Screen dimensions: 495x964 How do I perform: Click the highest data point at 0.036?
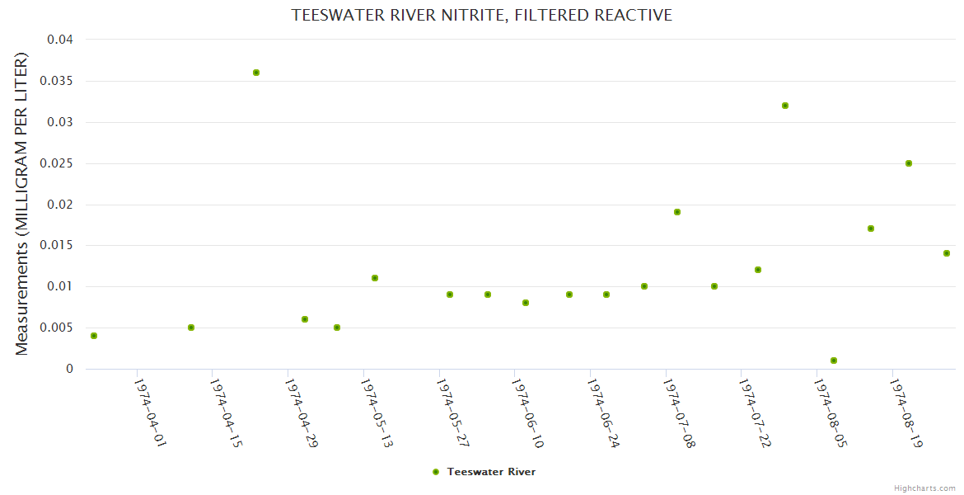[256, 73]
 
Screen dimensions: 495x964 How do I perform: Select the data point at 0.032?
[785, 106]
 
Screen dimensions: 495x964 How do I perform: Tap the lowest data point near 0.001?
[834, 361]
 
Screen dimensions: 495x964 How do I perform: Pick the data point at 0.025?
[909, 163]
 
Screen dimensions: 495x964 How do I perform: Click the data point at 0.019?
[677, 212]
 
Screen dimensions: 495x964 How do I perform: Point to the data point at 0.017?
[871, 229]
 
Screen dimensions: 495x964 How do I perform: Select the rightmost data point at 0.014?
[947, 253]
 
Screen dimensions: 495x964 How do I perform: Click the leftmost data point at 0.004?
[94, 336]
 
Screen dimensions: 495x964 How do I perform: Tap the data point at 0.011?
[375, 278]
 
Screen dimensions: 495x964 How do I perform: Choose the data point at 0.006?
[305, 319]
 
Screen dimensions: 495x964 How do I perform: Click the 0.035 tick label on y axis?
[59, 81]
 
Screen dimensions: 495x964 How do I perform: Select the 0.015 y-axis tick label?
[59, 245]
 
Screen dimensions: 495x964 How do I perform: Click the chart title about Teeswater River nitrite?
[482, 16]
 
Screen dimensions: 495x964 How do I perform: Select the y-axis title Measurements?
[22, 205]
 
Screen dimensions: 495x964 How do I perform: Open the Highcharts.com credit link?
[924, 488]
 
